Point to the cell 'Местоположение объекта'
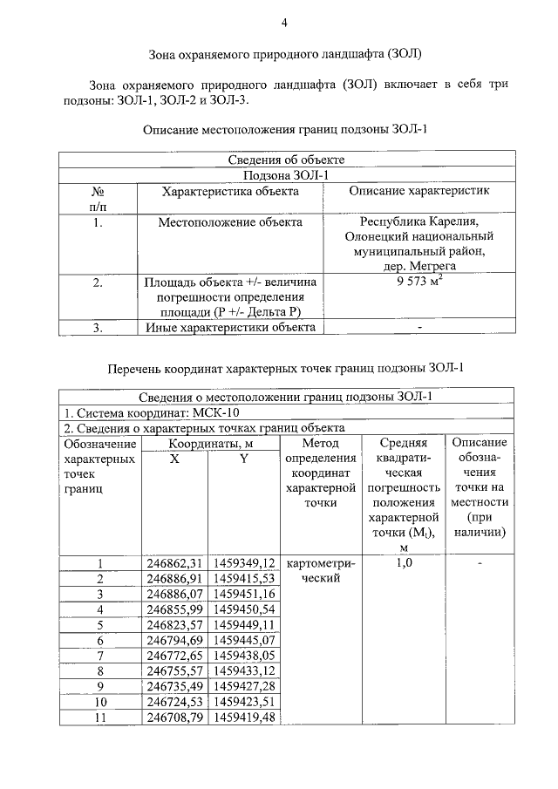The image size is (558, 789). click(x=230, y=222)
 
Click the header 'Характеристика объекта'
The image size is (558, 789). click(x=230, y=190)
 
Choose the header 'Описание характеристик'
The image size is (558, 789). click(x=419, y=190)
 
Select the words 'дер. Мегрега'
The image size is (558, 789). click(x=419, y=267)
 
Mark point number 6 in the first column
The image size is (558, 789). click(x=100, y=640)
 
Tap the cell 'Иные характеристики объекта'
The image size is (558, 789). click(x=230, y=328)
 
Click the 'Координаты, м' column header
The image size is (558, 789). click(x=209, y=443)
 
